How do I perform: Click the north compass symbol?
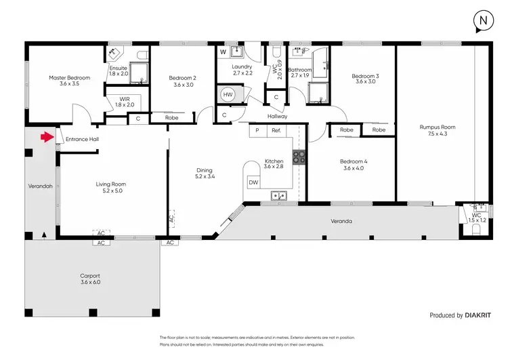click(483, 21)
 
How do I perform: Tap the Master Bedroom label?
click(69, 81)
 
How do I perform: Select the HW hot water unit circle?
click(228, 96)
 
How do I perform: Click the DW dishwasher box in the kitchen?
click(253, 182)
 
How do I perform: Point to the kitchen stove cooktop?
click(299, 158)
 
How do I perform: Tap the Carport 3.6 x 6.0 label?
click(90, 279)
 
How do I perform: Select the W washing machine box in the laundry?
click(223, 52)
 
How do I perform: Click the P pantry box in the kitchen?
click(257, 130)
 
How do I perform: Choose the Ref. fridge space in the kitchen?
click(276, 130)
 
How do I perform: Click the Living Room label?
click(110, 187)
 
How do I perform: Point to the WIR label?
click(124, 102)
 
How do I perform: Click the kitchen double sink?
click(278, 197)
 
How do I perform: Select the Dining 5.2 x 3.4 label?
click(205, 174)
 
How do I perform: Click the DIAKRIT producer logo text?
click(482, 315)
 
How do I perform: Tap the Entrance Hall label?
click(82, 138)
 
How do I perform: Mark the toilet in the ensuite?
click(141, 54)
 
